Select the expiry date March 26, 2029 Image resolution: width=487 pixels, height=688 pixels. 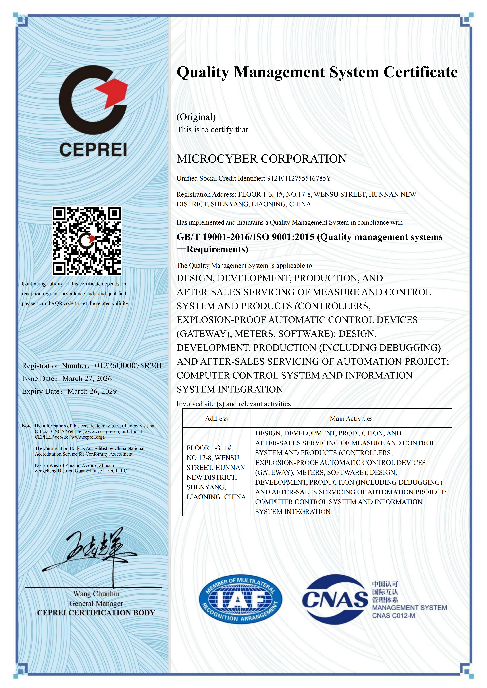(92, 391)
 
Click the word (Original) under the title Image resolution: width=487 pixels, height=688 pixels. (196, 117)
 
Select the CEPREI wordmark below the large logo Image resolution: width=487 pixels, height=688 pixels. (93, 149)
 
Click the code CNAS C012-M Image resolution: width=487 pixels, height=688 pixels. (393, 616)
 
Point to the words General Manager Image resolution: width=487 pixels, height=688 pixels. (96, 604)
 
